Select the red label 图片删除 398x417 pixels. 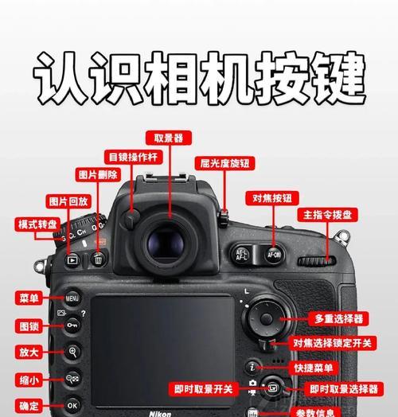(99, 174)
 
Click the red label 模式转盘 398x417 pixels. (37, 224)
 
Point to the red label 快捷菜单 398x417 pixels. (313, 367)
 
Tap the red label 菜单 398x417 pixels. (27, 298)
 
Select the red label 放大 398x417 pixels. (27, 351)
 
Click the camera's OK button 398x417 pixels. (72, 404)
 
